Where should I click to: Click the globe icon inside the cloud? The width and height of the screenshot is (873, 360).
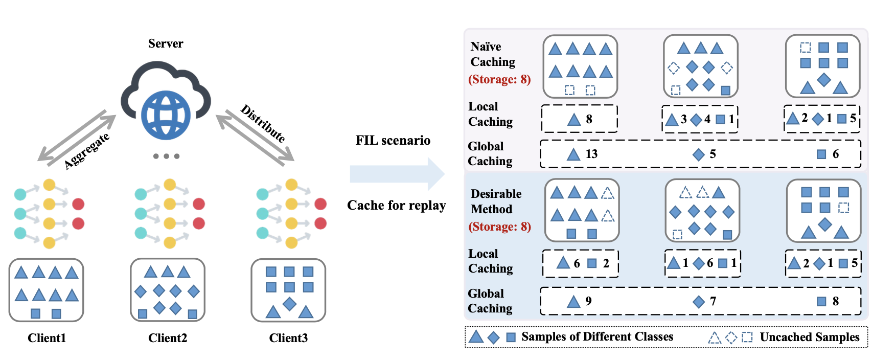tap(166, 116)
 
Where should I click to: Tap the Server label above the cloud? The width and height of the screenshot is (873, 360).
tap(166, 43)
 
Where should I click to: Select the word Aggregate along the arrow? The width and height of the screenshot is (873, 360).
tap(86, 150)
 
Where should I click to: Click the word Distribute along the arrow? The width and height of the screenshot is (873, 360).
tap(263, 123)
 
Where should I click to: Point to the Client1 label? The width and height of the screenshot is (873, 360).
tap(47, 338)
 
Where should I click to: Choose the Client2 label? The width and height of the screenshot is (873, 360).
tap(168, 338)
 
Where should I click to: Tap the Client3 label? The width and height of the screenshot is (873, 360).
tap(288, 338)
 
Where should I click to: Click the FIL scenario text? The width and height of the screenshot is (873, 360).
tap(393, 141)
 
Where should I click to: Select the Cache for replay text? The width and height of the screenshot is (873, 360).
tap(397, 205)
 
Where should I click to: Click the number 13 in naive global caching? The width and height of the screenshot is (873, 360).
tap(591, 154)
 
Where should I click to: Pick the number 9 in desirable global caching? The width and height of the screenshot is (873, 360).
tap(588, 301)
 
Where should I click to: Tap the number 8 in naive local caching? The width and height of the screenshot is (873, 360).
tap(589, 119)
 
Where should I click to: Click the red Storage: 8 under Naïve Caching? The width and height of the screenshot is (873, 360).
tap(500, 79)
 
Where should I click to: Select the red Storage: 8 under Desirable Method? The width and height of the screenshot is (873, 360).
tap(500, 227)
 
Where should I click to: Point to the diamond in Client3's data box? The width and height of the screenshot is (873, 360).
tap(289, 304)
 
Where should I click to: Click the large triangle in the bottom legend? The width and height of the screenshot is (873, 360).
tap(476, 336)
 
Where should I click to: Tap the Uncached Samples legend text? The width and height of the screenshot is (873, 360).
tap(810, 337)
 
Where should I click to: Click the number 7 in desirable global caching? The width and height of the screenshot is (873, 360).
tap(713, 301)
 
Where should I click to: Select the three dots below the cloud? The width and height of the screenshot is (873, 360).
tap(167, 156)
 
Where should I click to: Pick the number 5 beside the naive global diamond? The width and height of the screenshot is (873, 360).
tap(713, 154)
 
